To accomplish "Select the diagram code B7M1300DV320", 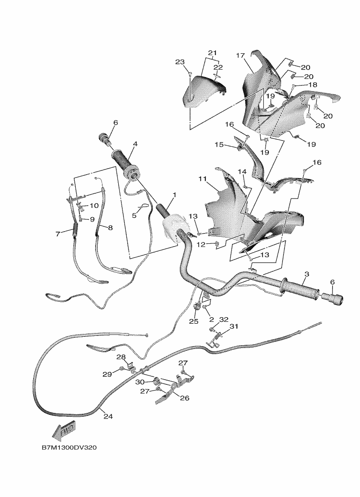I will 69,447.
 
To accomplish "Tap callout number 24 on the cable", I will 108,416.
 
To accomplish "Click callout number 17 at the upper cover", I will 241,56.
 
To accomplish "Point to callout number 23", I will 180,62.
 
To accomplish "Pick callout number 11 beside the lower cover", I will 202,179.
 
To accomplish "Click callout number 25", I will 194,321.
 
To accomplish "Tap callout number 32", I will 223,319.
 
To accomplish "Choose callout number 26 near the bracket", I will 185,398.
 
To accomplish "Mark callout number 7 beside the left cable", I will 58,234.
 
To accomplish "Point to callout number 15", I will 219,145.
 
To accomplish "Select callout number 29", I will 107,374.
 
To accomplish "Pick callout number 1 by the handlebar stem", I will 174,194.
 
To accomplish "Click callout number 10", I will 94,205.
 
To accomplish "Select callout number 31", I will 233,326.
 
